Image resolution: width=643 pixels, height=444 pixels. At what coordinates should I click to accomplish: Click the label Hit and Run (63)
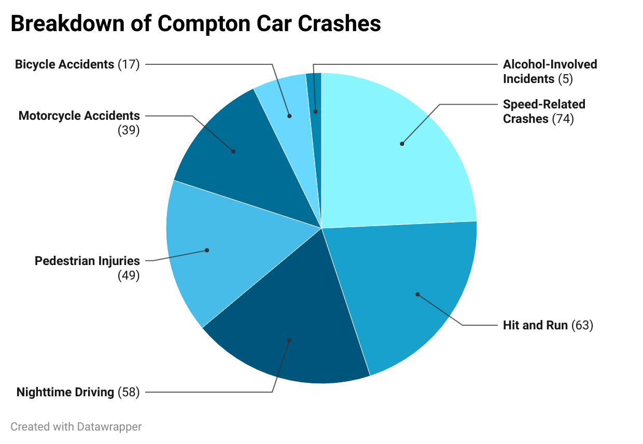(x=548, y=325)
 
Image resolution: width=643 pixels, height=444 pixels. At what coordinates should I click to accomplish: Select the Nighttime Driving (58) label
(x=78, y=392)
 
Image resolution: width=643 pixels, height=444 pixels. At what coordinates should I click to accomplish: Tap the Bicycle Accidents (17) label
(x=77, y=64)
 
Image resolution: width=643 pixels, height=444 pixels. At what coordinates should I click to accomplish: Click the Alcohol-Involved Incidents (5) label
(x=550, y=72)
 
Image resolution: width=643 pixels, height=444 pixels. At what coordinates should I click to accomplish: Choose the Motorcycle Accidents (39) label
(x=79, y=122)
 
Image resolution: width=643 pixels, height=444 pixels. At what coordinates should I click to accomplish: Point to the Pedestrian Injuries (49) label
(x=87, y=268)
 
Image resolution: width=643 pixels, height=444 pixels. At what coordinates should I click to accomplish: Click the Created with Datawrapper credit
(x=76, y=427)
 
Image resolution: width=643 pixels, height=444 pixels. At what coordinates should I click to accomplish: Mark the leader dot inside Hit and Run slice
(x=417, y=294)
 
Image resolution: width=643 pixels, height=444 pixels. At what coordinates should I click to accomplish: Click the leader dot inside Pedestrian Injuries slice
(x=207, y=250)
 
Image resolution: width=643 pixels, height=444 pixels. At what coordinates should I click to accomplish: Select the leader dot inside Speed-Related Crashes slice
(x=402, y=144)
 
